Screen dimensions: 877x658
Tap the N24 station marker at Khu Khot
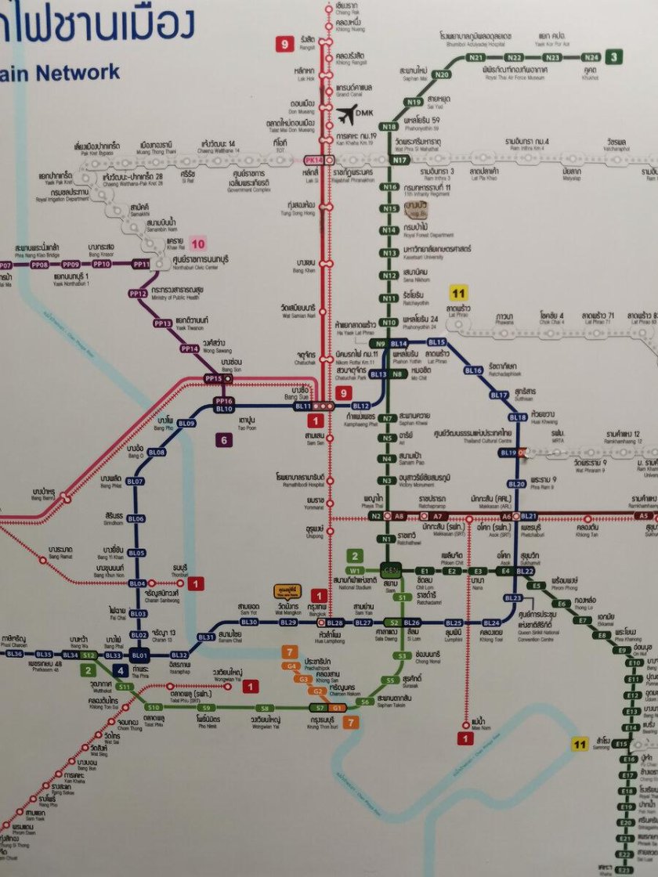[x=591, y=57]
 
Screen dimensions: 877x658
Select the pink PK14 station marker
[x=313, y=160]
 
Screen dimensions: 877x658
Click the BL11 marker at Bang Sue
[x=303, y=406]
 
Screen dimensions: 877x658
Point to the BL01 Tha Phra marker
[x=139, y=655]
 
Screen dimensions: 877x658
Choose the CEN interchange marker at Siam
[x=392, y=571]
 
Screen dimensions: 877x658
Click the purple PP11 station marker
[x=142, y=265]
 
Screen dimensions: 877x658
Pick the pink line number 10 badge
[x=198, y=243]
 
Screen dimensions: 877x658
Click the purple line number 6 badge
[x=224, y=440]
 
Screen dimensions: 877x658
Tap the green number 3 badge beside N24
[x=615, y=56]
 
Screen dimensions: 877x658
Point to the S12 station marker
[x=89, y=654]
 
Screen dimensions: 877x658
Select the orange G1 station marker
[x=336, y=707]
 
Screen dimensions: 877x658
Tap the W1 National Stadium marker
[x=356, y=570]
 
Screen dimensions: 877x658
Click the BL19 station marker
[x=508, y=453]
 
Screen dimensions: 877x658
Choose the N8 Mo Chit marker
[x=397, y=374]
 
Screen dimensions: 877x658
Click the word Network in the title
[x=76, y=73]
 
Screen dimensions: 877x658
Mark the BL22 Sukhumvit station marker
[x=525, y=571]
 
